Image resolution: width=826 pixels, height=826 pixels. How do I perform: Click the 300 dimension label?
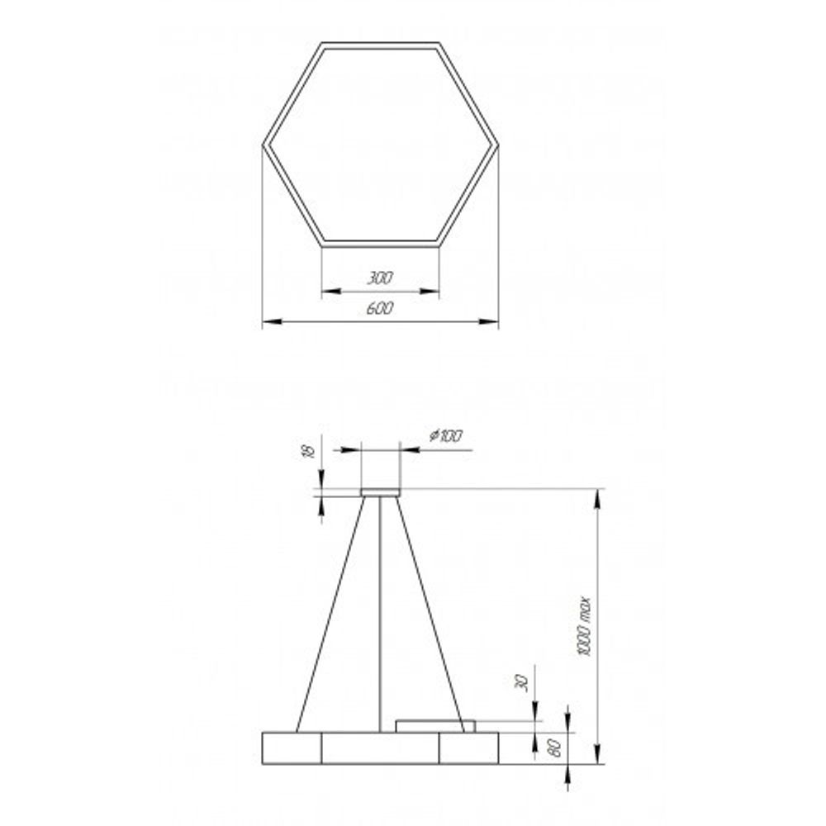[x=380, y=278]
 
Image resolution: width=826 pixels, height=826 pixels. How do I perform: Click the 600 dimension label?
[x=380, y=308]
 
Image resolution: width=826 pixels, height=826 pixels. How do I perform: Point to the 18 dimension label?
[x=306, y=451]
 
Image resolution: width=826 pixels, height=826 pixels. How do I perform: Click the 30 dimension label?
[x=520, y=682]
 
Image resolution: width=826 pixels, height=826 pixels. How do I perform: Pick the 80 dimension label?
[x=555, y=748]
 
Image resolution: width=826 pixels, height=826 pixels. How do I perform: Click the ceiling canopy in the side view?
[x=380, y=493]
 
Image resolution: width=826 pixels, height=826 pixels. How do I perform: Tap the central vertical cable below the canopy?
[x=380, y=611]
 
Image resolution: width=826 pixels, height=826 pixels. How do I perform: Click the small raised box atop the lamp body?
[x=435, y=726]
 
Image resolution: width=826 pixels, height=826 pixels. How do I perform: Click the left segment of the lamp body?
[x=292, y=748]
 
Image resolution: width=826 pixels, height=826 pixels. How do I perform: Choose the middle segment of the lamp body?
[x=380, y=748]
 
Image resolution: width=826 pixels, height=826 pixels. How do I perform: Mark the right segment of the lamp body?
[x=468, y=748]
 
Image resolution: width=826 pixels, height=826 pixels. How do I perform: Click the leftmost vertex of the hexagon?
[x=264, y=145]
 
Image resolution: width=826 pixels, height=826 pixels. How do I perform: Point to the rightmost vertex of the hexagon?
[x=497, y=145]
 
